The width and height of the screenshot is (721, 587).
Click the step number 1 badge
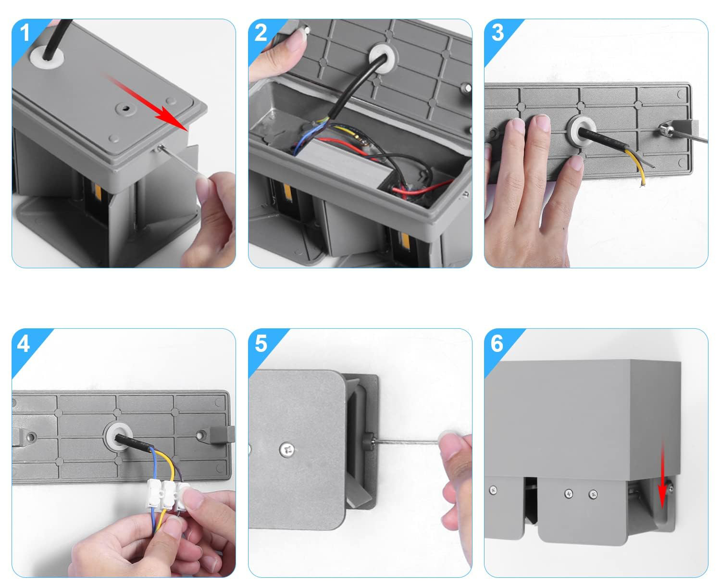tap(25, 33)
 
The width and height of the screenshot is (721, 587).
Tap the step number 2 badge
tap(261, 33)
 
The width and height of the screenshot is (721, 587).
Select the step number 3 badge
tap(497, 33)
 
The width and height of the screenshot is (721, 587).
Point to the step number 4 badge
tap(24, 344)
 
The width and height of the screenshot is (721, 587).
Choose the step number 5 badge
tap(261, 344)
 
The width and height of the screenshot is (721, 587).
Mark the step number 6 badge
tap(497, 344)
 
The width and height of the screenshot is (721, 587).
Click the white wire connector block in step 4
tap(166, 495)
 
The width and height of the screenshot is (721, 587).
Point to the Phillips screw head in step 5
tap(286, 450)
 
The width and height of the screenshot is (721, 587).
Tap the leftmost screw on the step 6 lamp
tap(493, 489)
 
